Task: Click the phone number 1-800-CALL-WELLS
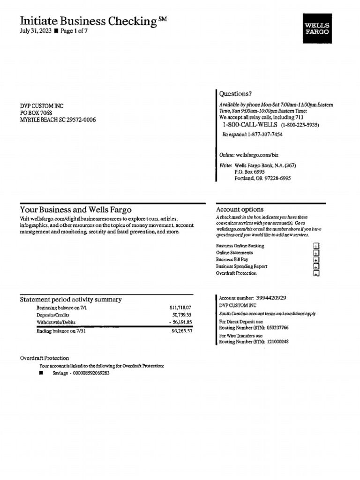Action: tap(249, 125)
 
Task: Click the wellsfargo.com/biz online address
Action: tap(257, 155)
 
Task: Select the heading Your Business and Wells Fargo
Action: tap(76, 210)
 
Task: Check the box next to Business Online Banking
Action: tap(316, 246)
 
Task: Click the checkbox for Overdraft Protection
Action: tap(316, 273)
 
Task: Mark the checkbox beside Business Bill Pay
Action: tap(316, 260)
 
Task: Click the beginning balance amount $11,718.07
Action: tap(180, 308)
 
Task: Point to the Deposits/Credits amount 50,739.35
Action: tap(182, 315)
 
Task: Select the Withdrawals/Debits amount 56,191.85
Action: tap(180, 322)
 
